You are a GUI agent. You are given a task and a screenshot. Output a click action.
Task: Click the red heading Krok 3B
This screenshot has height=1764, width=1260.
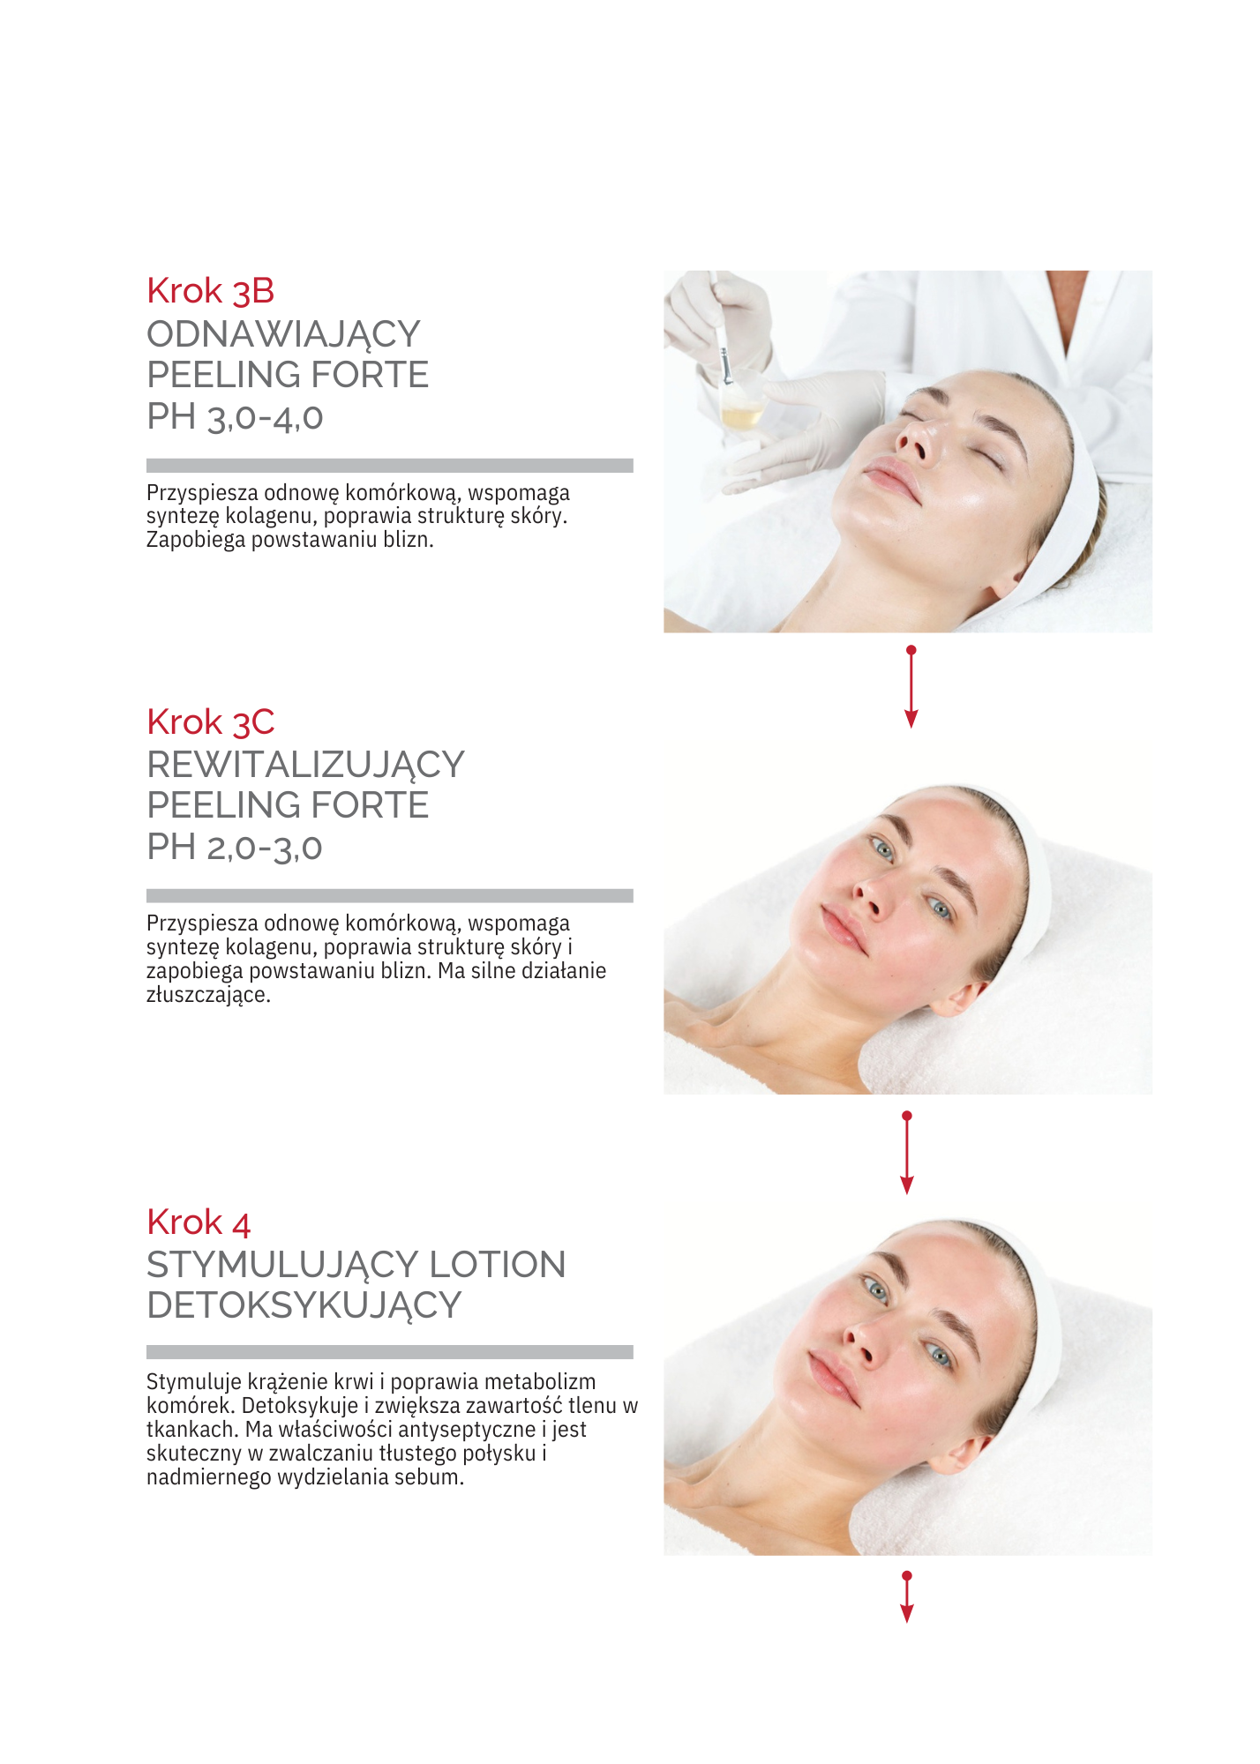click(210, 291)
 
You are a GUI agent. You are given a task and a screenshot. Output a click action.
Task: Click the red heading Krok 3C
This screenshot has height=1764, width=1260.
click(210, 722)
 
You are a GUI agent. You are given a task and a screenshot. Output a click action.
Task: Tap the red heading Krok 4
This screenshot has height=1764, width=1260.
click(199, 1222)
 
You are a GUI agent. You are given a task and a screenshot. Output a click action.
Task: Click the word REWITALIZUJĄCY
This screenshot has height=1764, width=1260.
click(305, 766)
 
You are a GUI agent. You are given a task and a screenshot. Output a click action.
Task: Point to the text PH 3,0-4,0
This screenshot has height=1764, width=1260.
click(235, 417)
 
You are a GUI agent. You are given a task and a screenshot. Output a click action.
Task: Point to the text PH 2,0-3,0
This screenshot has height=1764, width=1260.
click(235, 848)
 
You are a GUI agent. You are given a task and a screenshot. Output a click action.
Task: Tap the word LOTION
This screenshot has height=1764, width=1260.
click(497, 1265)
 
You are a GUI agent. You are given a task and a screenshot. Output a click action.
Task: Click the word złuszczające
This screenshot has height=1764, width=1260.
click(208, 996)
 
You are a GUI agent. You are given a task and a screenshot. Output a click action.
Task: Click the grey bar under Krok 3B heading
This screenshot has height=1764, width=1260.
click(389, 466)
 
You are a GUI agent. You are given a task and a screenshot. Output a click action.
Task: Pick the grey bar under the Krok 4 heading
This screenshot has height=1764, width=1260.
click(389, 1352)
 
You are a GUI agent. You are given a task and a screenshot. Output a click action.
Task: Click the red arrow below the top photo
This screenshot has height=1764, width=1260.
click(911, 686)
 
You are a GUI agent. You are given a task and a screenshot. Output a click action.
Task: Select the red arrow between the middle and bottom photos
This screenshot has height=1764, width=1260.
click(907, 1153)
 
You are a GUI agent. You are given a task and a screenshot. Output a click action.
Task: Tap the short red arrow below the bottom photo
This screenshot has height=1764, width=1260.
click(907, 1596)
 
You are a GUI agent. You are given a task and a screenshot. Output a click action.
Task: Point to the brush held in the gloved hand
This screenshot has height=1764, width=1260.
click(721, 331)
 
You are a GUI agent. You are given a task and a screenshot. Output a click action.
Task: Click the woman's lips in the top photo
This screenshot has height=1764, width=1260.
click(891, 480)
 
